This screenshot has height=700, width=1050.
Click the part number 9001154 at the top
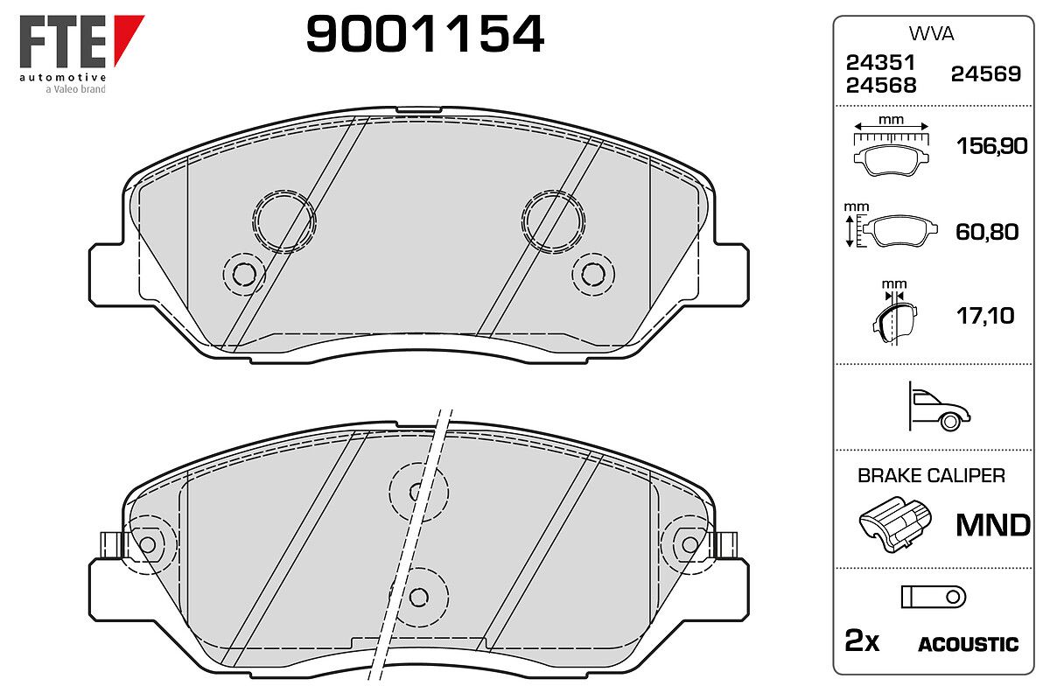click(x=424, y=33)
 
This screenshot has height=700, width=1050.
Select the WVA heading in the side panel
click(x=931, y=34)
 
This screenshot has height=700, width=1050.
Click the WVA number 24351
click(x=881, y=62)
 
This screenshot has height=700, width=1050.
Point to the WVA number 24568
click(x=881, y=86)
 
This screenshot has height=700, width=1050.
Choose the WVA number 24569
click(x=986, y=74)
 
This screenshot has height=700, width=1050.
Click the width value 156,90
click(x=991, y=146)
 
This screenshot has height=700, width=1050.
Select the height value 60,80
click(x=987, y=232)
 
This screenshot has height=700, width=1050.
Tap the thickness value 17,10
click(x=985, y=316)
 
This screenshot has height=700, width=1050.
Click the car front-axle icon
click(x=940, y=407)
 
